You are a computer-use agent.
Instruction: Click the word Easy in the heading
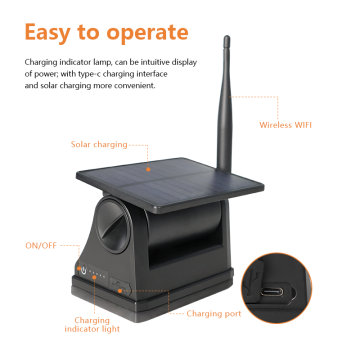pos(55,32)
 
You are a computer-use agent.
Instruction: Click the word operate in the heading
pos(151,32)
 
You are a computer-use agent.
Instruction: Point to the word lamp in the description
pos(99,62)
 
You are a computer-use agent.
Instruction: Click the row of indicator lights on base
pos(99,272)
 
